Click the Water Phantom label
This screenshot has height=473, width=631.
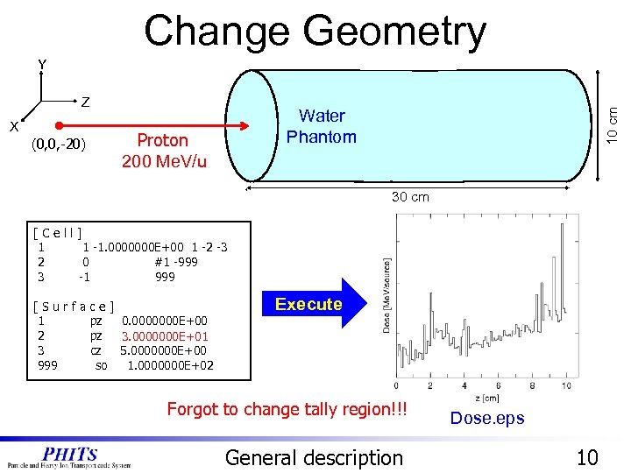[x=322, y=126]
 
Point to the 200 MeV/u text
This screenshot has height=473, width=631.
[x=164, y=161]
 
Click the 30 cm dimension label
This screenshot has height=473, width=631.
[x=410, y=197]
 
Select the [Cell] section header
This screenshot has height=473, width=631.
[x=58, y=233]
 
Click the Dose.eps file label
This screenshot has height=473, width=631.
[x=486, y=418]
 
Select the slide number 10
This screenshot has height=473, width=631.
[x=588, y=456]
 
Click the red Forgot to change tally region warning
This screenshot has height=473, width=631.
[x=287, y=408]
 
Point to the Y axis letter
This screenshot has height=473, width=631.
[x=42, y=65]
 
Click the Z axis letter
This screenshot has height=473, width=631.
[x=85, y=102]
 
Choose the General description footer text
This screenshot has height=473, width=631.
[x=314, y=457]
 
